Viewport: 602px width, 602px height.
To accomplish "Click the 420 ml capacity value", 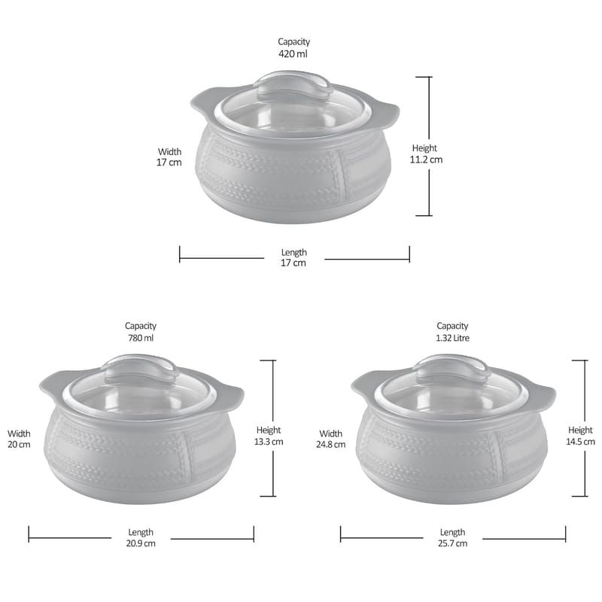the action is click(293, 53).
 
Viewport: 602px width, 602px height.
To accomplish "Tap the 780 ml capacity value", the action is click(141, 338).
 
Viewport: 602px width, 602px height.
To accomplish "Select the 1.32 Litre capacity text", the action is click(452, 338).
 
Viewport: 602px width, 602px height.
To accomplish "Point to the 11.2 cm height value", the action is click(426, 160).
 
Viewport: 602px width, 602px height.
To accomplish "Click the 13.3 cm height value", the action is click(269, 442).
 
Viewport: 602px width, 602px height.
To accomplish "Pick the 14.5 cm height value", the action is click(580, 442).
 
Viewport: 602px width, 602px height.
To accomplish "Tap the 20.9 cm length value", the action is click(141, 543).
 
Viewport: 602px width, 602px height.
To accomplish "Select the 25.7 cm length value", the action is click(452, 543).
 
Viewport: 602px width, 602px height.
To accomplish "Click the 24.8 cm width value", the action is click(330, 444).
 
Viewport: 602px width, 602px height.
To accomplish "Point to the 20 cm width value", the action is click(19, 444).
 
